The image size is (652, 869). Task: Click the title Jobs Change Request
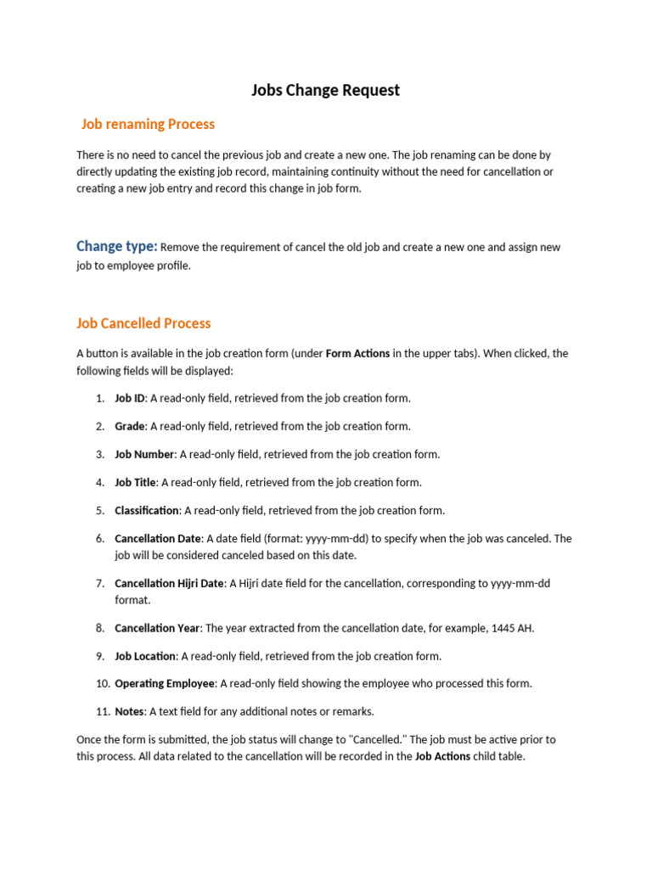(x=325, y=90)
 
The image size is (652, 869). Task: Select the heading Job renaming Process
(x=148, y=124)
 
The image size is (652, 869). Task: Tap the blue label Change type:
(x=116, y=246)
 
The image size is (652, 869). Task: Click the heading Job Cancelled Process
(x=143, y=323)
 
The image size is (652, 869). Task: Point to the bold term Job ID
(x=130, y=398)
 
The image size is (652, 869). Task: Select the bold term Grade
(x=130, y=426)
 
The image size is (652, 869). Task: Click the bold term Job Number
(x=144, y=454)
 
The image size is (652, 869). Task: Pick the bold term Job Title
(x=135, y=482)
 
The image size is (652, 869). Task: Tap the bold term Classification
(x=147, y=511)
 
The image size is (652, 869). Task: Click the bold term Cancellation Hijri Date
(x=169, y=584)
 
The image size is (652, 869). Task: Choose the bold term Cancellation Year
(x=157, y=628)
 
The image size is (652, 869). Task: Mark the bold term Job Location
(x=145, y=656)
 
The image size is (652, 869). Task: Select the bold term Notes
(x=130, y=711)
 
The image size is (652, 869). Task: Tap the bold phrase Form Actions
(x=357, y=353)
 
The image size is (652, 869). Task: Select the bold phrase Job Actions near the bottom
(x=442, y=756)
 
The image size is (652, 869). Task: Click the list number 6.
(x=100, y=539)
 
